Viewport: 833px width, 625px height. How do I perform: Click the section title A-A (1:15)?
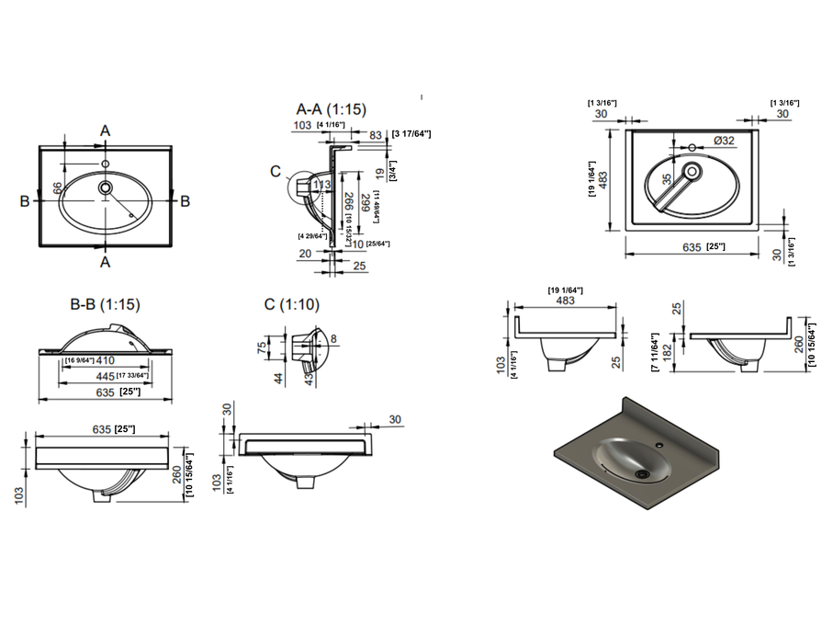331,108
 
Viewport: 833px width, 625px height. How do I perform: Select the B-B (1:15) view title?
106,303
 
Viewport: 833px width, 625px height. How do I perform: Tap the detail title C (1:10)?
291,304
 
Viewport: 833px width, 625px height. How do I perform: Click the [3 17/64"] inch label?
411,134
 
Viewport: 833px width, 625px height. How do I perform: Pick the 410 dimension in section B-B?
103,360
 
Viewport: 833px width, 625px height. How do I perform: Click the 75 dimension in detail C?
262,347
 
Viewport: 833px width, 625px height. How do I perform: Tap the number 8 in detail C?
333,339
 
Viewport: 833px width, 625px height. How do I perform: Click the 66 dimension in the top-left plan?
57,187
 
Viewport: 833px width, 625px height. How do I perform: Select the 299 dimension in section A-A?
365,203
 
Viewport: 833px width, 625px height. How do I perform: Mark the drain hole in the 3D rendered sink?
642,473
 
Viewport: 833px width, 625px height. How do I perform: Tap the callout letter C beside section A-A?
275,170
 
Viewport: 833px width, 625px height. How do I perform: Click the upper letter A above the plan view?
106,131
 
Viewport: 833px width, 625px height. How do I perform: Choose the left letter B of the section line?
26,200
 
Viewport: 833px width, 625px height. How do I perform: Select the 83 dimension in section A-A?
376,134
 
